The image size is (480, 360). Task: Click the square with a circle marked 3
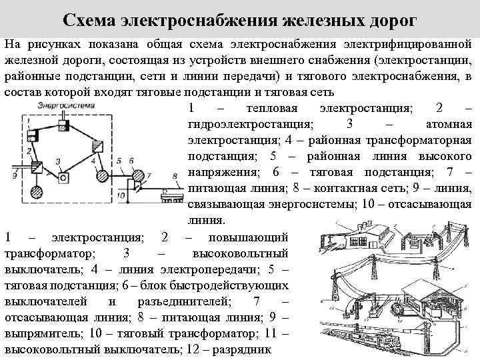coord(63,178)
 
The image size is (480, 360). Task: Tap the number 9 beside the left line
coord(14,175)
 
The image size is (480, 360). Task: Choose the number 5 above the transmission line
coord(117,161)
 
